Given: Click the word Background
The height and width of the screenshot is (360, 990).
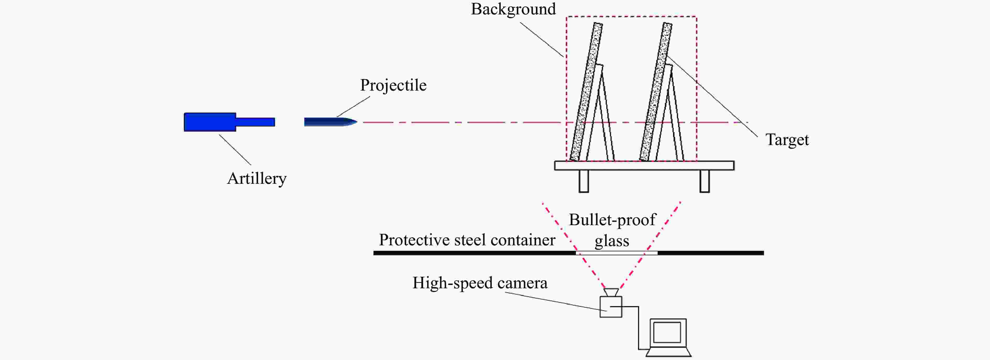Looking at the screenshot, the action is point(513,9).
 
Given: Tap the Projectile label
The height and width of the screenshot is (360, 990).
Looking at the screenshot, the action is point(393,85).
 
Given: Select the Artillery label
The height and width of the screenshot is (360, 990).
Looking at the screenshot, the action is point(257,179).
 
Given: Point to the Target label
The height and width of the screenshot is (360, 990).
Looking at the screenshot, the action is point(787,140).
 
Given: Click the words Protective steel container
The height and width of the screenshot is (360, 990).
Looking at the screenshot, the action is point(467,240).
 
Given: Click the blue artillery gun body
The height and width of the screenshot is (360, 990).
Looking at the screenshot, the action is point(210,122).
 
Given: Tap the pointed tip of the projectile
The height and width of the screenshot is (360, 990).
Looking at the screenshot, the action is point(357,122).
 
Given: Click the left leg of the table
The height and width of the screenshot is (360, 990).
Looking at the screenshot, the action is point(584,181).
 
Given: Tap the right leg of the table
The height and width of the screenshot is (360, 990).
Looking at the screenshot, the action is point(705,181).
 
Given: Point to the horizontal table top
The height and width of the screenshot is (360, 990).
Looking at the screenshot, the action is point(644,165).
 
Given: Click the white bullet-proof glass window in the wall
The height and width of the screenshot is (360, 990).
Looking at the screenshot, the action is point(617,253).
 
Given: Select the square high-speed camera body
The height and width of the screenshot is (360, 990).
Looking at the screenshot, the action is point(611,307).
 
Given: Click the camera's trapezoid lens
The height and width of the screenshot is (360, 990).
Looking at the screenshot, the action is point(611,292).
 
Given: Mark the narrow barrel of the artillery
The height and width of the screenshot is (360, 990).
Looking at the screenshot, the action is point(255,122).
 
